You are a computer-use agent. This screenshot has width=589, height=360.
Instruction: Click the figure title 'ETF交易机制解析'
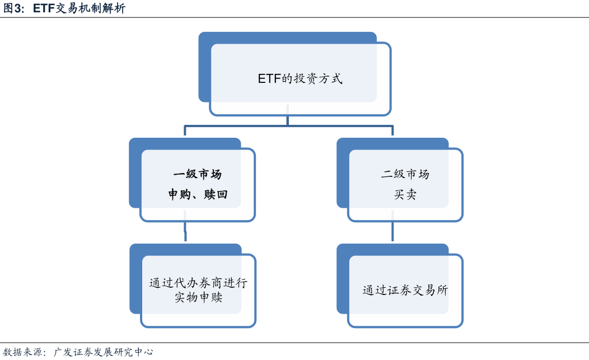point(80,8)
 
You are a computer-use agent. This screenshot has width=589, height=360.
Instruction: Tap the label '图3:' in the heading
point(14,8)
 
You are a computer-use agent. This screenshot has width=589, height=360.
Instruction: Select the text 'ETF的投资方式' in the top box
point(300,78)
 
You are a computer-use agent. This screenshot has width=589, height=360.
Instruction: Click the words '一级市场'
point(198,174)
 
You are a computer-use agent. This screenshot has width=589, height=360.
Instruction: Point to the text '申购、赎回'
point(198,194)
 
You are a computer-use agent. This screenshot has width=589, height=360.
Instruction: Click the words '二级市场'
point(405,174)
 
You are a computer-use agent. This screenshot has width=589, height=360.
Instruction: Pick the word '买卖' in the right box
point(405,194)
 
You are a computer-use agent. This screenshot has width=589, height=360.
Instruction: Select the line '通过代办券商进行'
point(198,283)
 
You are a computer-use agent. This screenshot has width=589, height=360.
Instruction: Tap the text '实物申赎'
point(198,297)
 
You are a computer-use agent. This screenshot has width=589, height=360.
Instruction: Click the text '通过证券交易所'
point(405,290)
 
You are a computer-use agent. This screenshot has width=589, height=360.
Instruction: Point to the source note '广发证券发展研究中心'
point(104,352)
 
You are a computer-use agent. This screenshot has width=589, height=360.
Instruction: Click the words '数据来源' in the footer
point(22,352)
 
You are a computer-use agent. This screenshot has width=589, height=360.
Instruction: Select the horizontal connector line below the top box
point(288,126)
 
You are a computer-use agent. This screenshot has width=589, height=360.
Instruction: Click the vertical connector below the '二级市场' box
point(392,231)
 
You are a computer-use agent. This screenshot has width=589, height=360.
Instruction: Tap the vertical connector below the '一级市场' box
point(185,231)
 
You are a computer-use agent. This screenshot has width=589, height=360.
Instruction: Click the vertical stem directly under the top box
point(288,120)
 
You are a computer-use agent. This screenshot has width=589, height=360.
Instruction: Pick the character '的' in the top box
point(287,78)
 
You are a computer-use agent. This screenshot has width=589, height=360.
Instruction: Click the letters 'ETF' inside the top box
point(269,78)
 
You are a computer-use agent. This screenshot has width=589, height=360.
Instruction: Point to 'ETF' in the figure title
point(44,8)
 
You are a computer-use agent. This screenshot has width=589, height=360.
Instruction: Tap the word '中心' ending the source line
point(144,352)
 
